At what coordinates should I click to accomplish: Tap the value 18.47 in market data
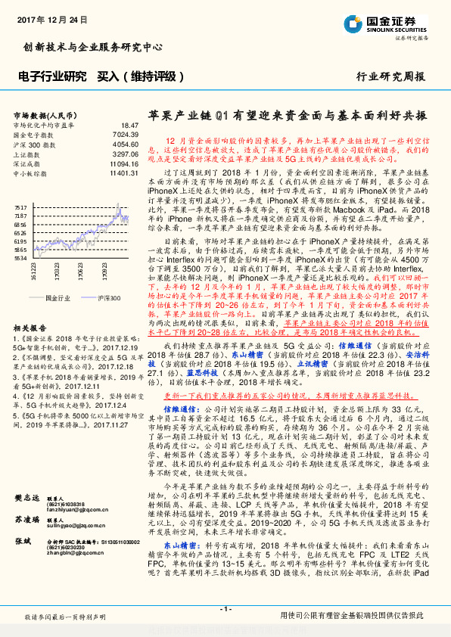tap(129, 125)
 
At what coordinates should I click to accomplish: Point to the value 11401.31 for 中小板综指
tap(123, 173)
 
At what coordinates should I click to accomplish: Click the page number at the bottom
tap(225, 609)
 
